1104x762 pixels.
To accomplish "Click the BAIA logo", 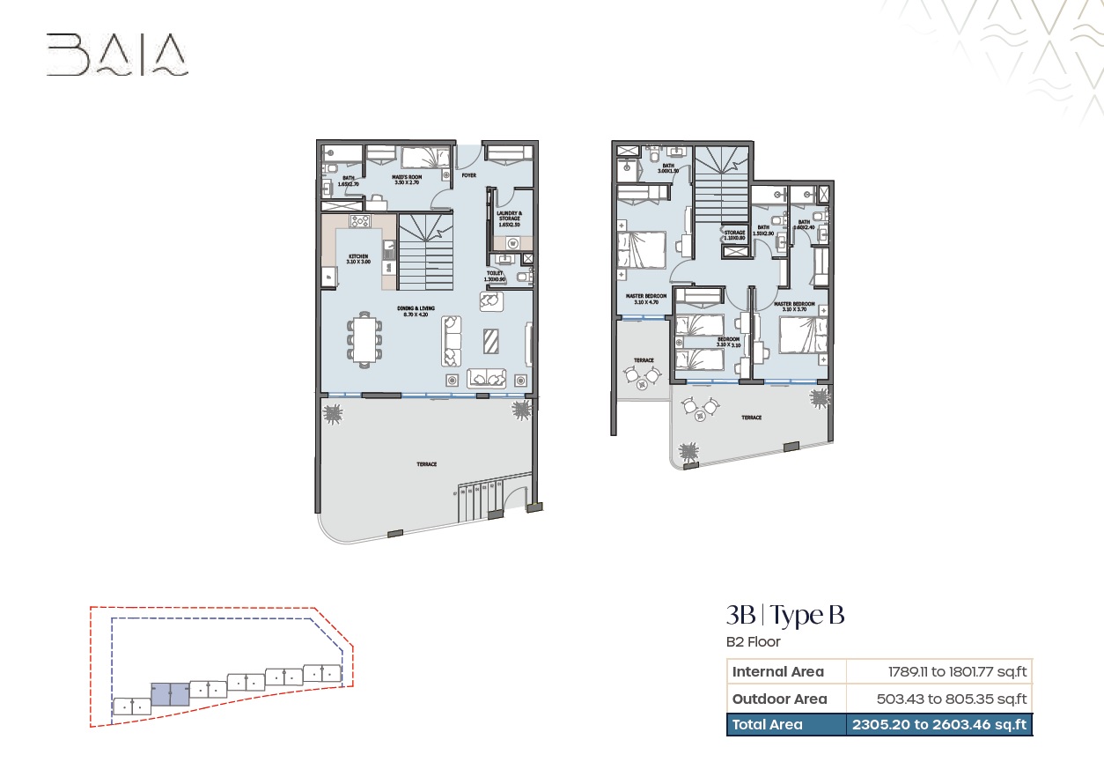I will [117, 55].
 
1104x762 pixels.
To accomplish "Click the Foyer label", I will [468, 175].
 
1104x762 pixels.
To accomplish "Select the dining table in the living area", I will [365, 338].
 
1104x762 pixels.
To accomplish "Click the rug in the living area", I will [492, 340].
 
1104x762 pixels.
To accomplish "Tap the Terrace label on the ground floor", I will [426, 464].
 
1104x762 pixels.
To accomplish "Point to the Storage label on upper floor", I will [735, 235].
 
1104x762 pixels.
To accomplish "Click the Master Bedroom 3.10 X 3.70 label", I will [794, 307].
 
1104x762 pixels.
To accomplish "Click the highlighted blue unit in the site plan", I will [169, 694].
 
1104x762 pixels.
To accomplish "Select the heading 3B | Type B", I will [784, 615].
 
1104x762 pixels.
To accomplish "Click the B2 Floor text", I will [753, 642].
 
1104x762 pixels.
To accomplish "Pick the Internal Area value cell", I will [938, 671].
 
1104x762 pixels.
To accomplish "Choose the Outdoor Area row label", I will [779, 699].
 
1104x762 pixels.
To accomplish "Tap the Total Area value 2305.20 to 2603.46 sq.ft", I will [938, 725].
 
